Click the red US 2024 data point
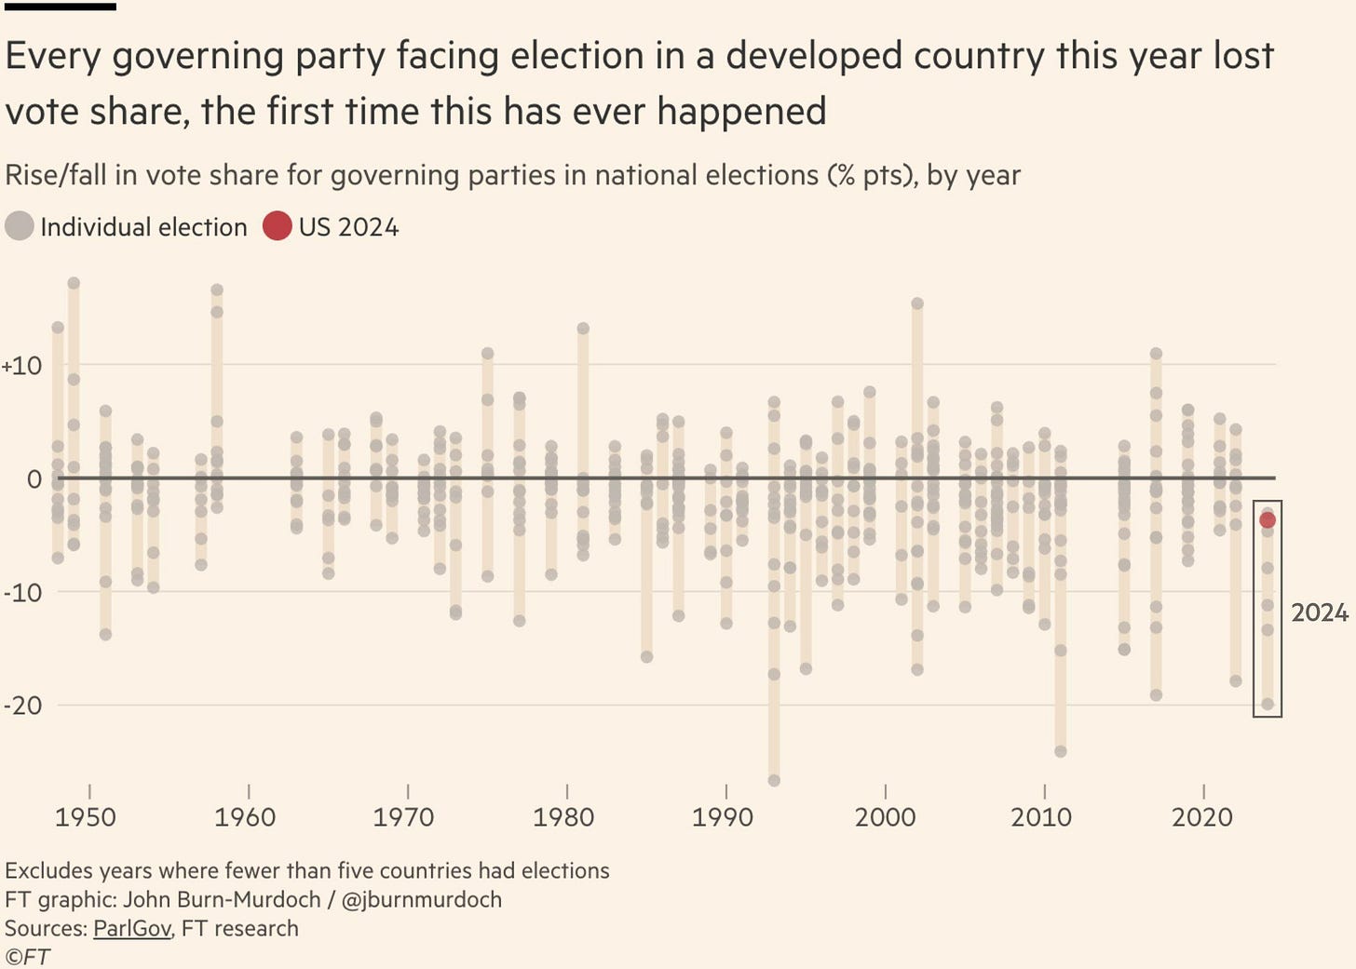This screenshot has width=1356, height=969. click(x=1268, y=519)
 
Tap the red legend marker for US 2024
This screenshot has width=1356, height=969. click(x=278, y=226)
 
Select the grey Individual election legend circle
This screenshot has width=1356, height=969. click(x=20, y=226)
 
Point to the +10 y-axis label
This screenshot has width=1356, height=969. click(x=22, y=366)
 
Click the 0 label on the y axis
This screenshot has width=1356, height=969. click(x=34, y=479)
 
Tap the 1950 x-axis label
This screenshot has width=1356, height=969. click(x=86, y=817)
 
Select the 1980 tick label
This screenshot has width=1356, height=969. click(x=563, y=817)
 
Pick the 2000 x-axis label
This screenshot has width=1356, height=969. click(x=885, y=817)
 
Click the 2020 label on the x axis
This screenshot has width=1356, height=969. click(x=1202, y=817)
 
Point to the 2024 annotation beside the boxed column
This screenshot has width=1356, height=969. click(x=1320, y=612)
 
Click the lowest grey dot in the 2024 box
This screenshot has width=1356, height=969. click(x=1268, y=704)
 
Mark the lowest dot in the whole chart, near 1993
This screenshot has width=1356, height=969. click(x=774, y=780)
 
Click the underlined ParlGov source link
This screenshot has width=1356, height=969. click(x=132, y=928)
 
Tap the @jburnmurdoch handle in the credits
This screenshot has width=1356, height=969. click(x=422, y=899)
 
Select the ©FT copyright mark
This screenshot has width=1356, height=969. click(x=27, y=957)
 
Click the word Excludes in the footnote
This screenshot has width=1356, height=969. click(x=47, y=870)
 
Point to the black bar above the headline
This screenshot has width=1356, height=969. click(x=60, y=7)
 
